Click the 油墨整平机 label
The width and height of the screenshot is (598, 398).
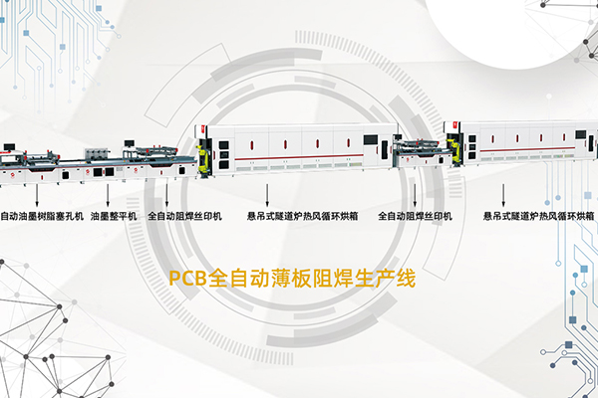(114, 216)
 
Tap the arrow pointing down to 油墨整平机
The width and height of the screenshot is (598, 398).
(108, 195)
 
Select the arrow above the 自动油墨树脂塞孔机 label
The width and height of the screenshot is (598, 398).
(37, 195)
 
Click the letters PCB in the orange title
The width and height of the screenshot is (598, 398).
(187, 279)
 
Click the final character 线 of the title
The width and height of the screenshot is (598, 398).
(405, 279)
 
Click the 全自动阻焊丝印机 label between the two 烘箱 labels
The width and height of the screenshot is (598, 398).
(415, 216)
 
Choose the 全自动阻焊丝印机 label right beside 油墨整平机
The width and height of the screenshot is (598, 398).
(185, 216)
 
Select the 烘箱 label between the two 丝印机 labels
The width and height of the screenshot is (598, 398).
(302, 216)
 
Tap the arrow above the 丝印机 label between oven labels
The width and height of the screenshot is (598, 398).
(415, 195)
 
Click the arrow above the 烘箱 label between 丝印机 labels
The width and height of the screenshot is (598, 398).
(267, 195)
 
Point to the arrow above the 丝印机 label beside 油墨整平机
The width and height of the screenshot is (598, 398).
(166, 195)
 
